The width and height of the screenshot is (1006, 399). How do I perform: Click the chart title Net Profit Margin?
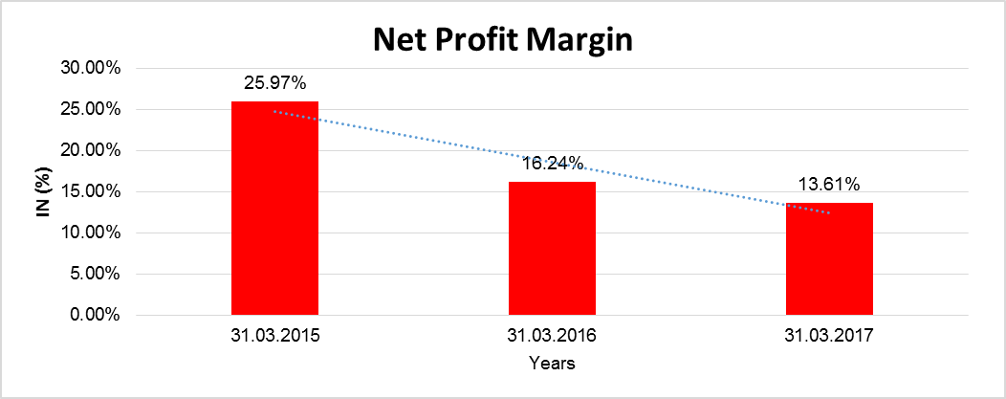pos(503,41)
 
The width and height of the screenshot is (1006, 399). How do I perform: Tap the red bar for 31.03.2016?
pos(552,248)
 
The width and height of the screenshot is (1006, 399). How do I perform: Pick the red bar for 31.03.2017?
pos(829,258)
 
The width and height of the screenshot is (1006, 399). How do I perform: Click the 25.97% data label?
pos(274,83)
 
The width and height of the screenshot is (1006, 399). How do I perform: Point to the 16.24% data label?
pos(553,164)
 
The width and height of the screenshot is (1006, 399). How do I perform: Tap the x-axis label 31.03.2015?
pos(274,336)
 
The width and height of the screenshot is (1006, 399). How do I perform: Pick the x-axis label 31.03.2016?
pos(552,336)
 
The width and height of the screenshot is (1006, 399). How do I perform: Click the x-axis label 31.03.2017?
pos(829,336)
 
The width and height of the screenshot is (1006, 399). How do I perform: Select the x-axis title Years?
pos(552,364)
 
